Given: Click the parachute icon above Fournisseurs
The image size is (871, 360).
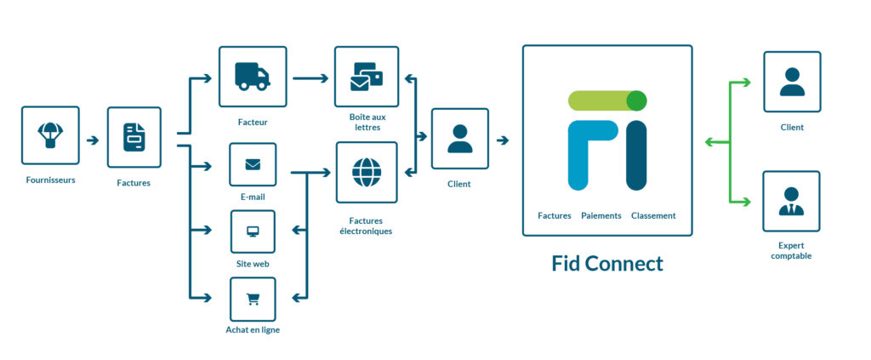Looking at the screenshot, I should [x=50, y=134].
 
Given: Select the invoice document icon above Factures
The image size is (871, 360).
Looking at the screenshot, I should [x=134, y=137].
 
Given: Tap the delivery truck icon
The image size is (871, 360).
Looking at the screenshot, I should [x=253, y=77].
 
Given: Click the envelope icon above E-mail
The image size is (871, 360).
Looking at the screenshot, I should [x=253, y=164].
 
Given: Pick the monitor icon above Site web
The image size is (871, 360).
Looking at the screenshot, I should [x=253, y=231].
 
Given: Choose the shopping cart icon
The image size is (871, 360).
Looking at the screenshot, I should [x=253, y=299].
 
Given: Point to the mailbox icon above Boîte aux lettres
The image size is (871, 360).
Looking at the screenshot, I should [x=367, y=77].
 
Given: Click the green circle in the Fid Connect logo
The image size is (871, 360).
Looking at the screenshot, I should [x=636, y=100].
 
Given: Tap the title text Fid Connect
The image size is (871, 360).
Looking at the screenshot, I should [x=606, y=263].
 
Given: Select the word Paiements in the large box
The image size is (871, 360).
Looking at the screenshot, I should [x=601, y=216].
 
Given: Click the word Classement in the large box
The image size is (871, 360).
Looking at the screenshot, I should [x=653, y=216].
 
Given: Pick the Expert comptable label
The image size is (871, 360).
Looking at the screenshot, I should [x=790, y=249].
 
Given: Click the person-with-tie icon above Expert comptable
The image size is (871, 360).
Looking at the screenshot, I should [x=791, y=202].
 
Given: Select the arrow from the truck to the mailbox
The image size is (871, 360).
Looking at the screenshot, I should [x=310, y=78].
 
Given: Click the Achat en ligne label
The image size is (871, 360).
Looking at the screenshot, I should [x=253, y=330].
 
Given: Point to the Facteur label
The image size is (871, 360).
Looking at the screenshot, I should [x=253, y=123].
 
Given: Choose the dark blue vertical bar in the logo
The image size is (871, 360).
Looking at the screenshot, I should [x=636, y=156].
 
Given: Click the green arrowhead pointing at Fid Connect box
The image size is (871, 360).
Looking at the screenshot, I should [x=709, y=142].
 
